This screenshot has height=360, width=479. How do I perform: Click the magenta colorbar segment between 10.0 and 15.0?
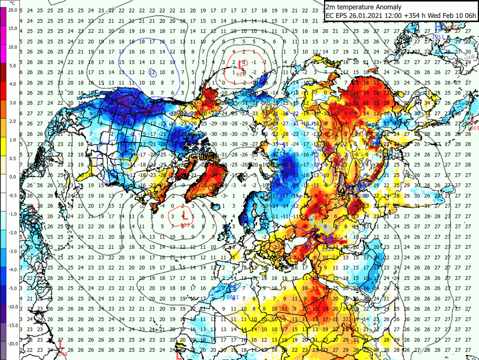3,37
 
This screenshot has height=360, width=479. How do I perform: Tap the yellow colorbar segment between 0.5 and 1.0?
3,149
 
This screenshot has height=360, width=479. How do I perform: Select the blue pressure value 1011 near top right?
435,37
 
